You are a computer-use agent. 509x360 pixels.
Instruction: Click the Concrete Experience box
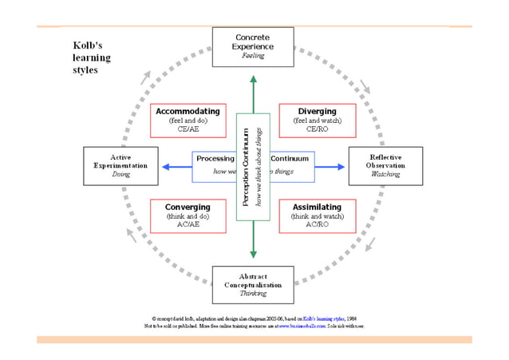[x=253, y=46]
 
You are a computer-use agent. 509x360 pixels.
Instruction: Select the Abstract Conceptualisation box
[x=253, y=285]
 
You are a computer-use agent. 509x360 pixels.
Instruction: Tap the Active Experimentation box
[x=120, y=165]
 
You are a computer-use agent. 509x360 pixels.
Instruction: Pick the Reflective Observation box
[x=385, y=165]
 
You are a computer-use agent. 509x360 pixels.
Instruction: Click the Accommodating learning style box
[x=188, y=120]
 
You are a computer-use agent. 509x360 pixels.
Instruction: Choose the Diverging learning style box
[x=317, y=120]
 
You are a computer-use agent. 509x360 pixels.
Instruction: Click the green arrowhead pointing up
[x=253, y=79]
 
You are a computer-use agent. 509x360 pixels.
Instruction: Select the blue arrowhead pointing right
[x=341, y=167]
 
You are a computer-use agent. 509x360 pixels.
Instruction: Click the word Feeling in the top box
[x=253, y=56]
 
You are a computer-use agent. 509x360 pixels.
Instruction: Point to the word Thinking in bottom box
[x=253, y=295]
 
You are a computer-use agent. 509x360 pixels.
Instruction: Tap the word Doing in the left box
[x=120, y=174]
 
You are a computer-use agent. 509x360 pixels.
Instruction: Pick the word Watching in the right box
[x=385, y=174]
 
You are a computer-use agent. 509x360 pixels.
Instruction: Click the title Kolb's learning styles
[x=92, y=57]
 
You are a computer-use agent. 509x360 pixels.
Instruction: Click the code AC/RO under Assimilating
[x=317, y=224]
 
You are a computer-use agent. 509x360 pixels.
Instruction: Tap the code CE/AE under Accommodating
[x=188, y=129]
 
